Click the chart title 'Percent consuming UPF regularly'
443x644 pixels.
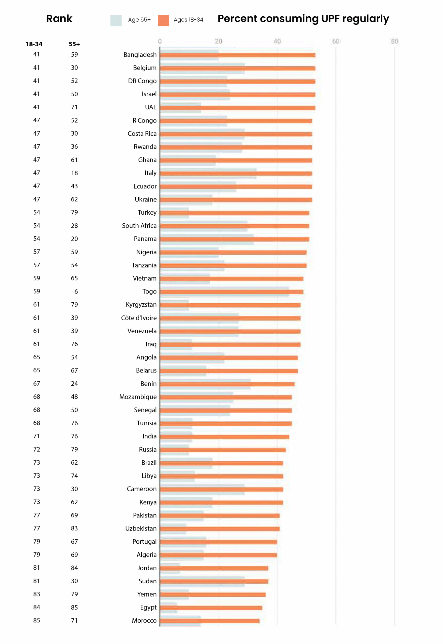pos(303,19)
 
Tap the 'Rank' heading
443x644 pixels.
pos(59,19)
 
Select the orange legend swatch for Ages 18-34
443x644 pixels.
pos(163,21)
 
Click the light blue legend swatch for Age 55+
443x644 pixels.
pos(116,21)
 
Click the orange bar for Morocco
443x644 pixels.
pos(210,621)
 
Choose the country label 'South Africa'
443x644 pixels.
pos(139,226)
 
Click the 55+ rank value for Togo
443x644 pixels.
pos(76,292)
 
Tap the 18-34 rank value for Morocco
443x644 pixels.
pos(37,620)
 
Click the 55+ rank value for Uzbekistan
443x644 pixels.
pos(74,528)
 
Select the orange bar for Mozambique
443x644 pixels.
pos(226,397)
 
